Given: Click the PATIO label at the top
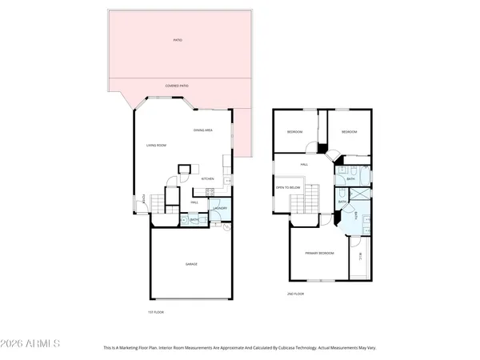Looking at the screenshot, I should point(177,39).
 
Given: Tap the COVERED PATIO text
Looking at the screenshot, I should point(177,85).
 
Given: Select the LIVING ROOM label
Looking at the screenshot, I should point(155,145).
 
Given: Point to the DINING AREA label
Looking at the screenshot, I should point(203,130).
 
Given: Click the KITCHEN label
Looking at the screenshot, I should point(207,178).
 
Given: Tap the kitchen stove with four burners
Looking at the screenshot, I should point(209,191).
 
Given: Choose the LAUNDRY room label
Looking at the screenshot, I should point(221,209).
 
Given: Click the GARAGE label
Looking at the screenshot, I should point(192,263).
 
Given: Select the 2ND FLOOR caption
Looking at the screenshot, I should point(297,294).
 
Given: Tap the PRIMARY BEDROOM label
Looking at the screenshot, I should point(318,254).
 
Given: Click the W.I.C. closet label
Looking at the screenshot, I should point(362,257).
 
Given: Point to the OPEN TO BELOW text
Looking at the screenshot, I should point(288,187).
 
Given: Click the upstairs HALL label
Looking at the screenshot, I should point(304,164).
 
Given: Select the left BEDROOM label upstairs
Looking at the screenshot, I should point(294,131).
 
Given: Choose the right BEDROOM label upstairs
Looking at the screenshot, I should point(348,131).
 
